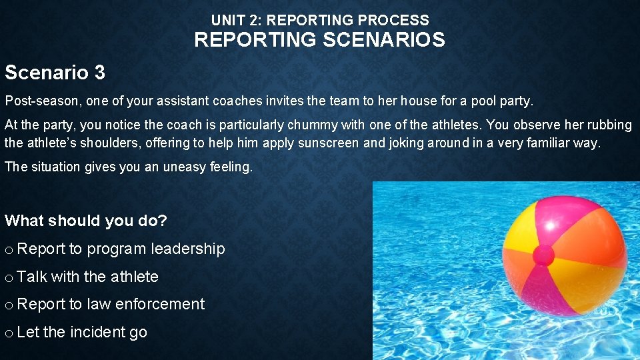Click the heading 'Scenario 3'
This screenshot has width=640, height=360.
(55, 72)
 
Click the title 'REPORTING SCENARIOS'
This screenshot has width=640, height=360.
(319, 40)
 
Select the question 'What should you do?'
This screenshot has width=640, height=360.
(85, 221)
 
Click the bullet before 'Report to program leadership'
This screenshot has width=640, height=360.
(8, 250)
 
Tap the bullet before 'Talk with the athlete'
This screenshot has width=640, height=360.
(8, 277)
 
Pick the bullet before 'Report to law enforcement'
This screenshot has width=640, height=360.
(8, 305)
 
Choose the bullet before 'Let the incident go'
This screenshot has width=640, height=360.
(8, 333)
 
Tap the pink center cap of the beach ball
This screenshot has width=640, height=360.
(543, 255)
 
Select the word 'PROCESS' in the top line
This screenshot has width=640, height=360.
(401, 20)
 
